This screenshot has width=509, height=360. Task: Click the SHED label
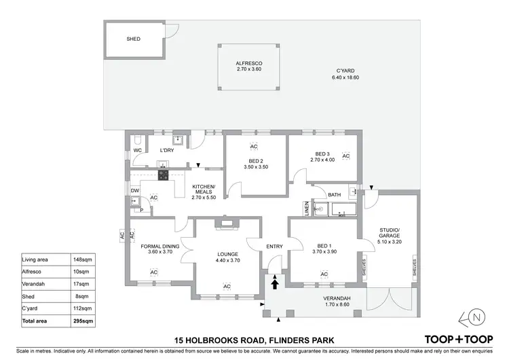(134, 39)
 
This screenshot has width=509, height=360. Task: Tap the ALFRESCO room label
(249, 63)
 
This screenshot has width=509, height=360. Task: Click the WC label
(137, 150)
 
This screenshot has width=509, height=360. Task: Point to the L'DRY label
(167, 150)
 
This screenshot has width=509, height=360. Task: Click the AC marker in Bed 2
(254, 147)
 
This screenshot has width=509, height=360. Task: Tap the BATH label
(334, 195)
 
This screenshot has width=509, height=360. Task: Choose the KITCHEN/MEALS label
(204, 190)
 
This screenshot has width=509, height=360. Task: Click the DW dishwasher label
(135, 191)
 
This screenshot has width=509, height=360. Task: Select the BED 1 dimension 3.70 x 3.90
(324, 252)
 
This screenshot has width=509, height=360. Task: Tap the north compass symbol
(476, 318)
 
